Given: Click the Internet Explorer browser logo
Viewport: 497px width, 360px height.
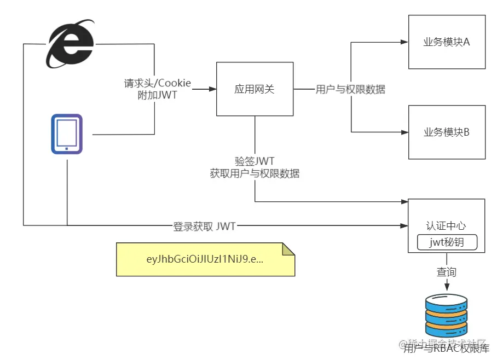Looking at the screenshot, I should (70, 45).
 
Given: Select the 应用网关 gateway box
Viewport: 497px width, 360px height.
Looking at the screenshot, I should (255, 89).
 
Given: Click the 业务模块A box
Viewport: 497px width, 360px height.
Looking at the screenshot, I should (447, 42).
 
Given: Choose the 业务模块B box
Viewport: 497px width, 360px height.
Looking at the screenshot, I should (447, 132).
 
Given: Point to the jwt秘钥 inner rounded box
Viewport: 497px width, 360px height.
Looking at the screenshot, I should (447, 241).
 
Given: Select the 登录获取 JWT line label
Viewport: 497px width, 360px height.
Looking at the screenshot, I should (204, 226).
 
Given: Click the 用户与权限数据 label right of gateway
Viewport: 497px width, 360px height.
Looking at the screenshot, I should (350, 89).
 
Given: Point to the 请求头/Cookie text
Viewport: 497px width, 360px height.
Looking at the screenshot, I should (158, 83).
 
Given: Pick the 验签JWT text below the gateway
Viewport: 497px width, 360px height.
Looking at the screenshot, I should (255, 161).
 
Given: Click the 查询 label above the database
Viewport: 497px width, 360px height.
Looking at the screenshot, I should (446, 271).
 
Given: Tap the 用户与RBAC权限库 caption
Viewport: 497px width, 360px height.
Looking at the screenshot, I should (446, 349).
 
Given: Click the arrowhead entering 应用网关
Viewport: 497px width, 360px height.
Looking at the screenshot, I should (213, 89).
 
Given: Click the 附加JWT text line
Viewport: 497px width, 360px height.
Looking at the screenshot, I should (158, 95).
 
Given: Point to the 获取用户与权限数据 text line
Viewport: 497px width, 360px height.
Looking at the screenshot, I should (255, 174).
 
